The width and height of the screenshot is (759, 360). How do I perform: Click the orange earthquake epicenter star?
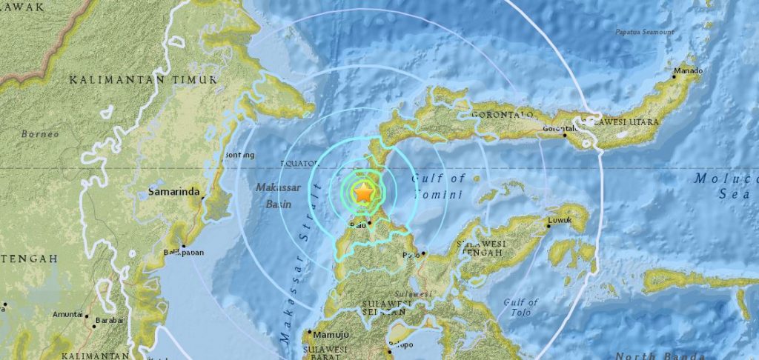[364, 193]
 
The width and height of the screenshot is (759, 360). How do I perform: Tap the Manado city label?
[688, 71]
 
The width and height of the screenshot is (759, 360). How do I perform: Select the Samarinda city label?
[174, 192]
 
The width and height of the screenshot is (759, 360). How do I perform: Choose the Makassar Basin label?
[278, 195]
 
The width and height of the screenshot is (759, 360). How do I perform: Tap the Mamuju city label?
[331, 333]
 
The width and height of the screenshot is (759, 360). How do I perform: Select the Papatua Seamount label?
[645, 32]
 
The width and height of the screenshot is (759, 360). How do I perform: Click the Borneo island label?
[35, 134]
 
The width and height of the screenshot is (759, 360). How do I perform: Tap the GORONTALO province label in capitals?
[507, 115]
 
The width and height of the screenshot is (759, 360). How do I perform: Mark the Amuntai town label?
[67, 315]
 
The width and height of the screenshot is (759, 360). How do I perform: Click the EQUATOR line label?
[299, 162]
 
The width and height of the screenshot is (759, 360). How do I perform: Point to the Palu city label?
[358, 222]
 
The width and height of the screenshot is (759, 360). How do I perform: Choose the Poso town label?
[411, 255]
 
